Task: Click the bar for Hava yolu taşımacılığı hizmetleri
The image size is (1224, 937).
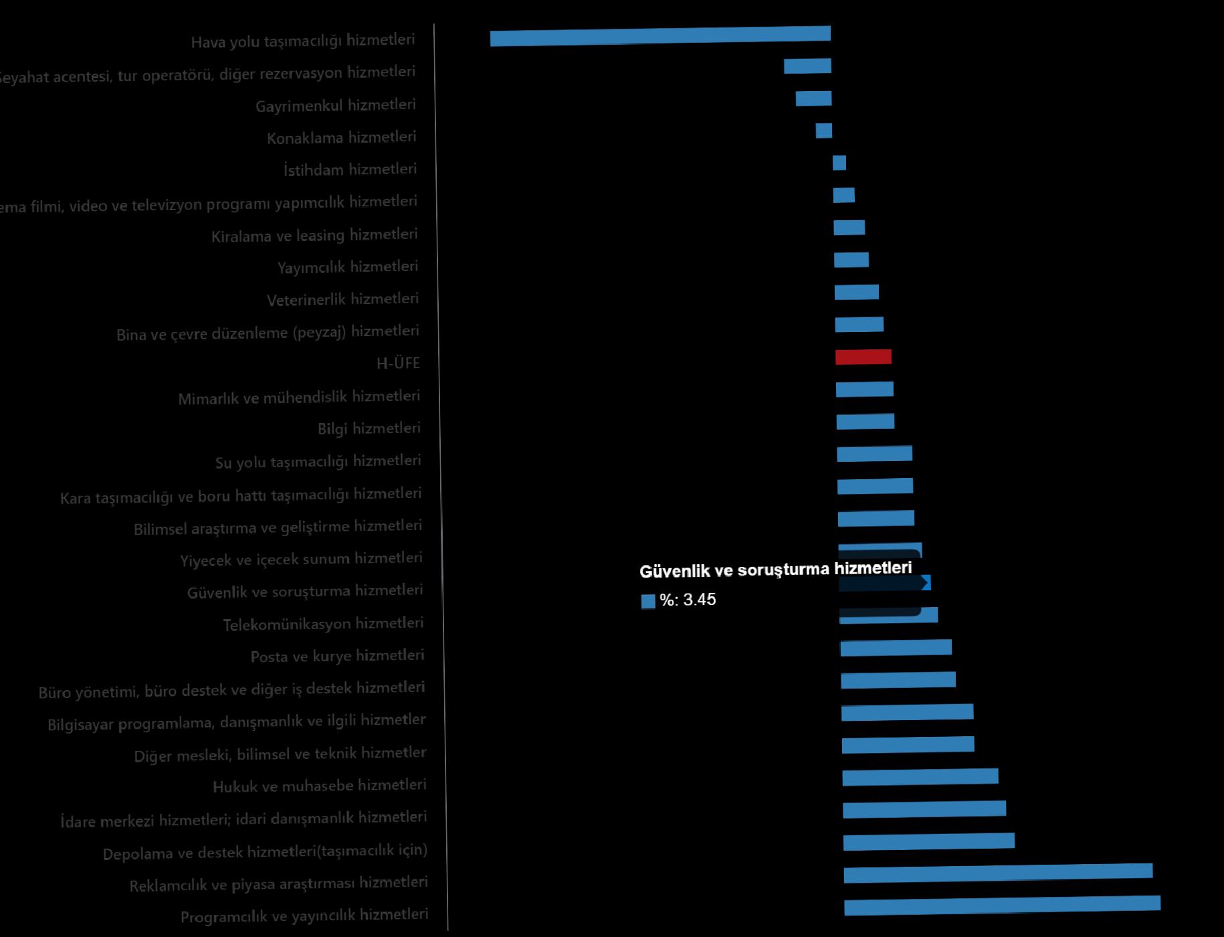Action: (x=660, y=36)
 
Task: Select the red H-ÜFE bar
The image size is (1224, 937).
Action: (x=863, y=357)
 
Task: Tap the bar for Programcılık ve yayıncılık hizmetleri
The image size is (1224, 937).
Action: (x=1002, y=905)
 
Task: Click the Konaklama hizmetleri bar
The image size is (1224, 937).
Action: (x=823, y=131)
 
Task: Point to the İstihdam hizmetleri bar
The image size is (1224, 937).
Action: (x=839, y=163)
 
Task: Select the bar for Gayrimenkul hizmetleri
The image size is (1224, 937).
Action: (x=813, y=98)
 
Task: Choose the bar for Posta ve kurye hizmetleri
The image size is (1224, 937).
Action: (x=896, y=647)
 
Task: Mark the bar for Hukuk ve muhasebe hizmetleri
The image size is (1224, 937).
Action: (x=920, y=776)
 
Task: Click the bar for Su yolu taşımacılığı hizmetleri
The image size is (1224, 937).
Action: (x=874, y=454)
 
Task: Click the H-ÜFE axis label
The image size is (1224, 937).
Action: (x=398, y=363)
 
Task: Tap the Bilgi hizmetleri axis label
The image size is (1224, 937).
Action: (x=369, y=428)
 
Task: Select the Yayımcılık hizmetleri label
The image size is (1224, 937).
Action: (x=348, y=267)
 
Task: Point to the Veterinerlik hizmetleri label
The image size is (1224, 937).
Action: (x=342, y=299)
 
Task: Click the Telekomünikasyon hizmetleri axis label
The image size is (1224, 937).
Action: (x=323, y=624)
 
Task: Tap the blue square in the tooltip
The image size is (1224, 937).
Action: (x=647, y=601)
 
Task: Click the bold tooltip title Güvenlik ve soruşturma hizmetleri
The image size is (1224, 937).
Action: (x=775, y=570)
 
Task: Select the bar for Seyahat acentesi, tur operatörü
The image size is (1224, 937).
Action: (x=807, y=66)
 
